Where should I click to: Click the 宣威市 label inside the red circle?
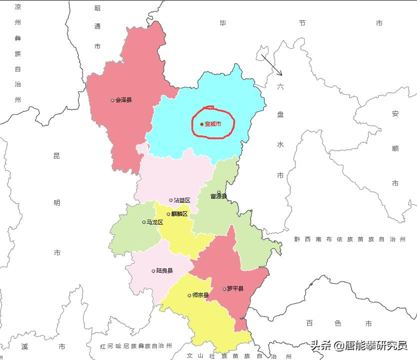click(213, 124)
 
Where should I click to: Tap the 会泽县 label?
click(123, 100)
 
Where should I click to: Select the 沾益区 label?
click(182, 200)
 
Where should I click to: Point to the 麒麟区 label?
click(179, 214)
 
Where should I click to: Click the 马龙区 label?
click(155, 222)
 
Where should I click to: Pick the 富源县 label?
click(219, 196)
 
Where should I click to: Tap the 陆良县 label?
click(164, 271)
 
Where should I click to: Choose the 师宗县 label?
click(201, 295)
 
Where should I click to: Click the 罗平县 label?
click(235, 289)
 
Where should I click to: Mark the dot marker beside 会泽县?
click(112, 100)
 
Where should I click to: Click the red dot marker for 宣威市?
click(202, 124)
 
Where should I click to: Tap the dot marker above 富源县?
click(219, 192)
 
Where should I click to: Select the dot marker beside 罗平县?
click(224, 289)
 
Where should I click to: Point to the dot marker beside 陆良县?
click(153, 271)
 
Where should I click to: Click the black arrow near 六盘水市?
click(272, 65)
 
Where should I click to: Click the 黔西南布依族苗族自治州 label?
click(350, 240)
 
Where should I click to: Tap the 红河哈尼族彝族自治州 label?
click(136, 346)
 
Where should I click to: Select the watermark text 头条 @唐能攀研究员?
click(359, 345)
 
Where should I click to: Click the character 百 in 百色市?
click(310, 324)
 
